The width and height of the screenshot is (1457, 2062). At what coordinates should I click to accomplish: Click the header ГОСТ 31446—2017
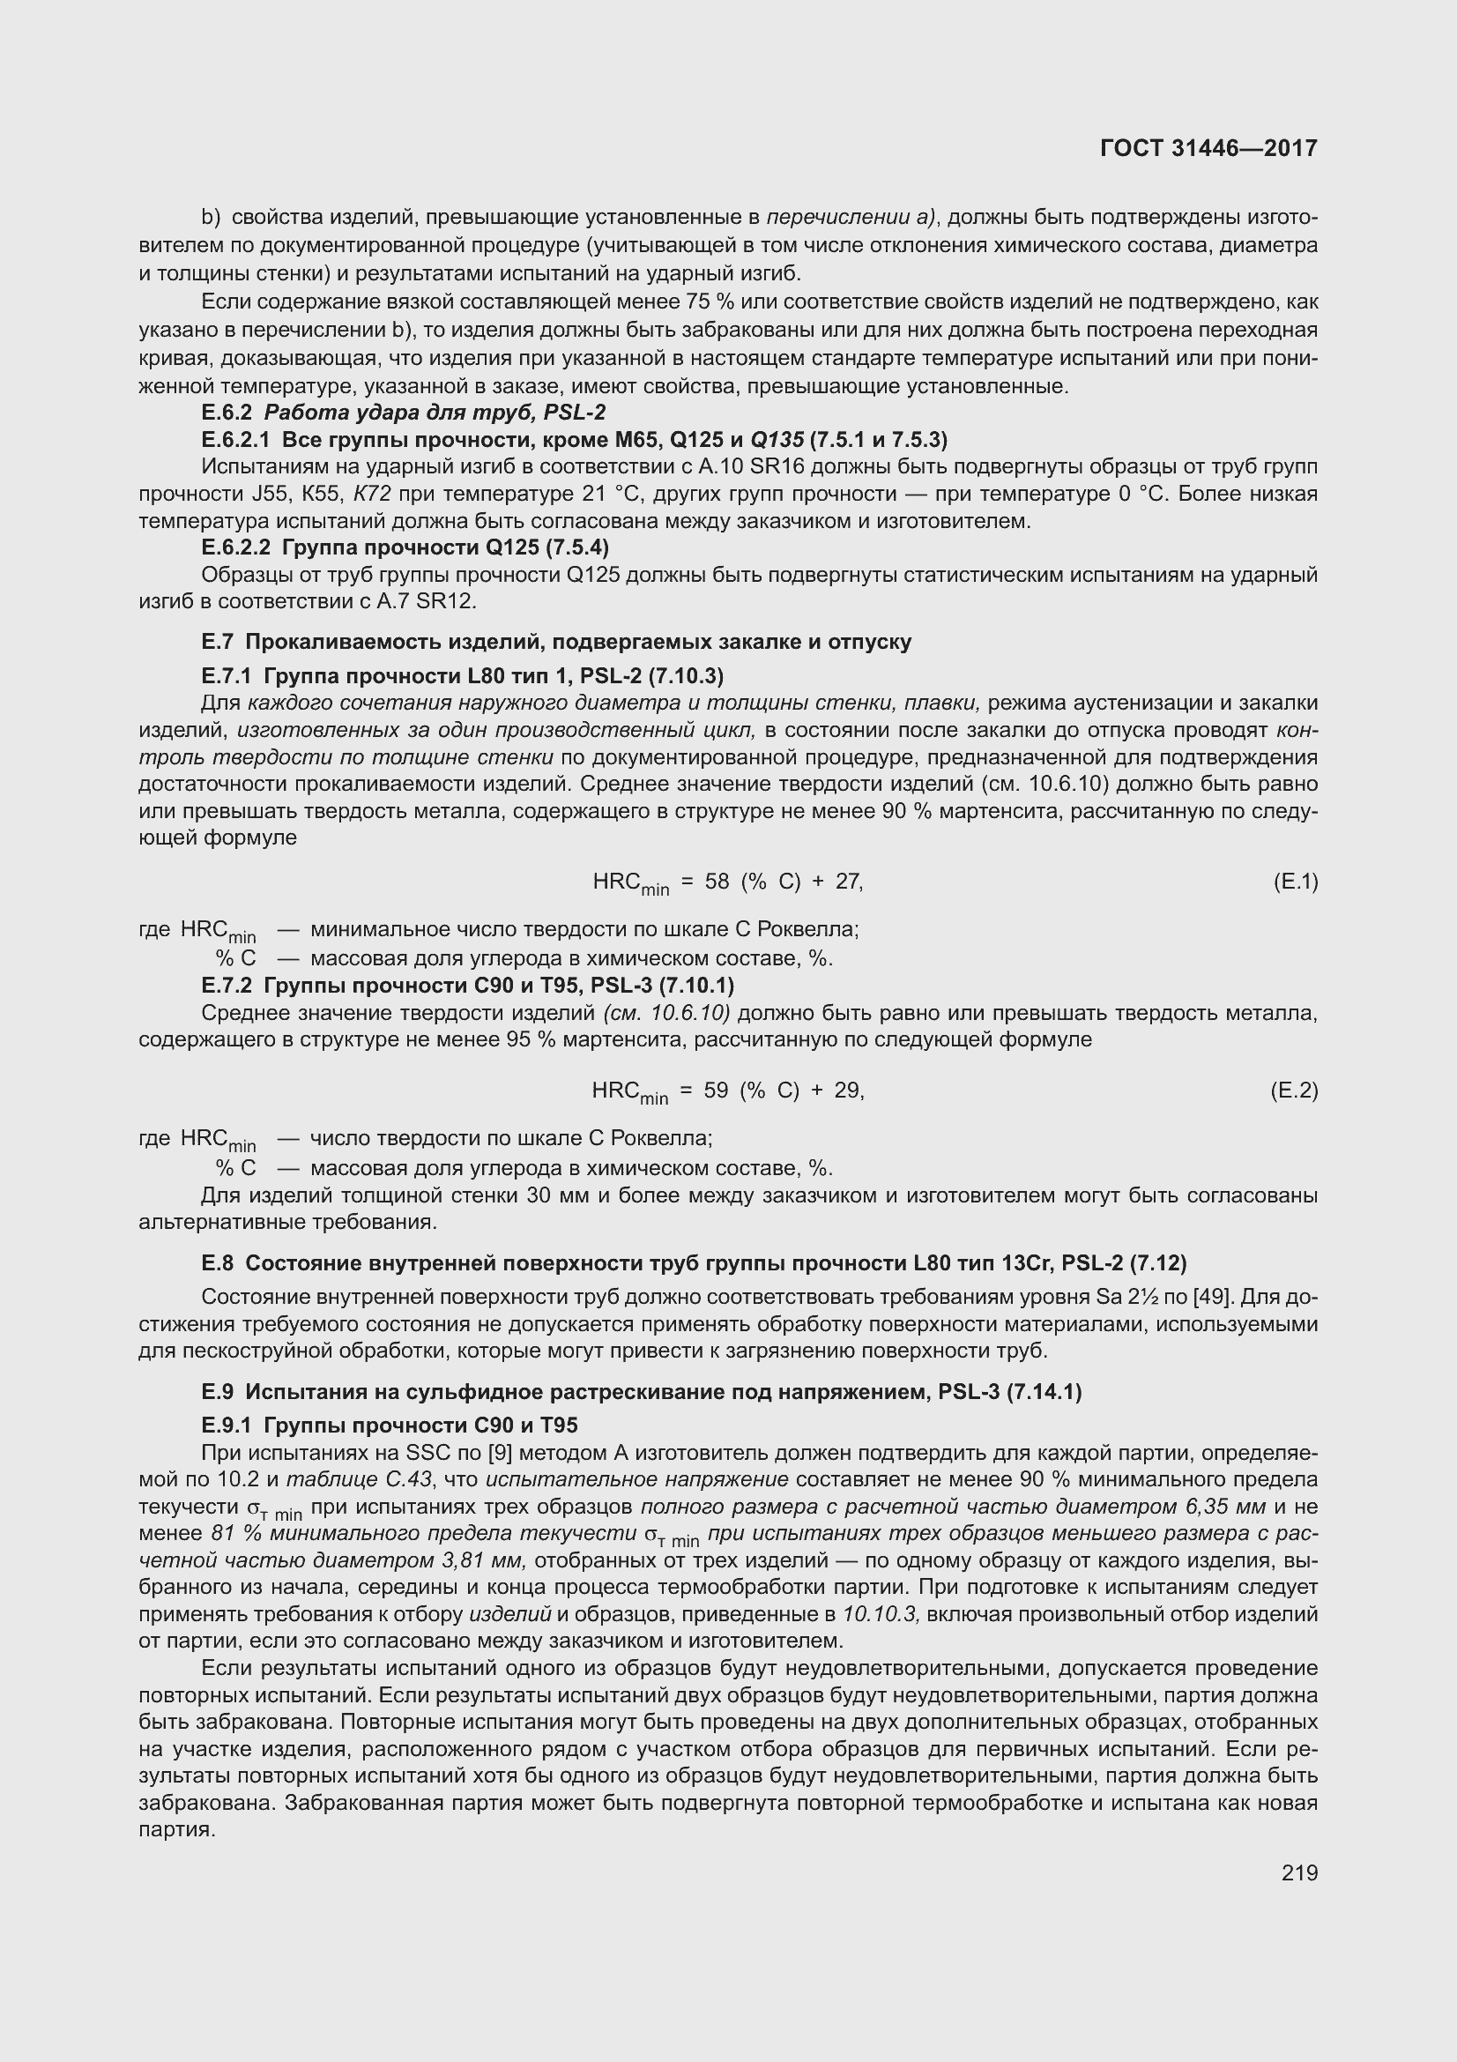[x=1208, y=148]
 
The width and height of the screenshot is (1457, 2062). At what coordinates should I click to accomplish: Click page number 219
[x=1299, y=1872]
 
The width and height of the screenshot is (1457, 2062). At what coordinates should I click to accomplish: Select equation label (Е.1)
[x=1296, y=882]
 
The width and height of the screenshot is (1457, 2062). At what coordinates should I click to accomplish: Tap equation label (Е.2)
[x=1295, y=1091]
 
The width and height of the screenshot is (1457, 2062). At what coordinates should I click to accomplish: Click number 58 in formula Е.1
[x=717, y=882]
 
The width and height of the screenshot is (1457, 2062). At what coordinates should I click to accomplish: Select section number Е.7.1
[x=229, y=675]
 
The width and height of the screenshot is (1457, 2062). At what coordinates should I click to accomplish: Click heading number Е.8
[x=217, y=1263]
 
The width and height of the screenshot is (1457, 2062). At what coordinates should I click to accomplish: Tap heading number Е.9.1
[x=229, y=1426]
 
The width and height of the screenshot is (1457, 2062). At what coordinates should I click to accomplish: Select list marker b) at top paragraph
[x=211, y=218]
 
